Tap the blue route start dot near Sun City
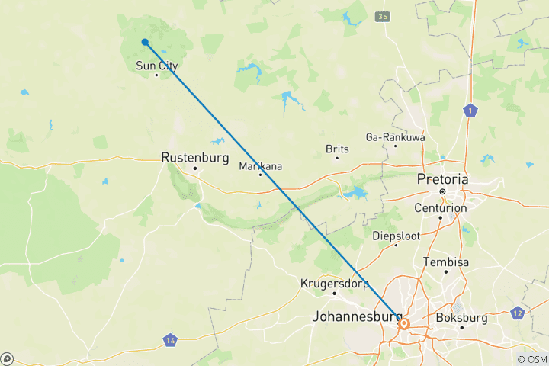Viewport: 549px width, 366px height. point(145,43)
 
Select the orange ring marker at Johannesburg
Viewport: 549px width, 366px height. point(404,324)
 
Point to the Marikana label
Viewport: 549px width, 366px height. point(261,166)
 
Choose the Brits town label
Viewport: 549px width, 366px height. point(337,149)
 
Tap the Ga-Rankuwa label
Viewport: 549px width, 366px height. point(395,137)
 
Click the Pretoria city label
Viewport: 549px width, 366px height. point(442,179)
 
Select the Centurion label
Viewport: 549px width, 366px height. point(440,208)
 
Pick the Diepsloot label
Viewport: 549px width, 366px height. point(396,236)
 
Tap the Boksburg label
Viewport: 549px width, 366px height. point(461,318)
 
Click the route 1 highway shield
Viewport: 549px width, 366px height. point(471,111)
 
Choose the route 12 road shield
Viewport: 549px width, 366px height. point(518,313)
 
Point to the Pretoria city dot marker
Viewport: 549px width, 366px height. point(442,191)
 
